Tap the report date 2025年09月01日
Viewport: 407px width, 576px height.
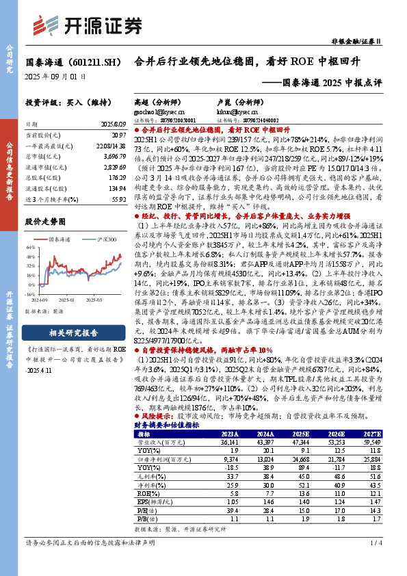(x=55, y=77)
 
